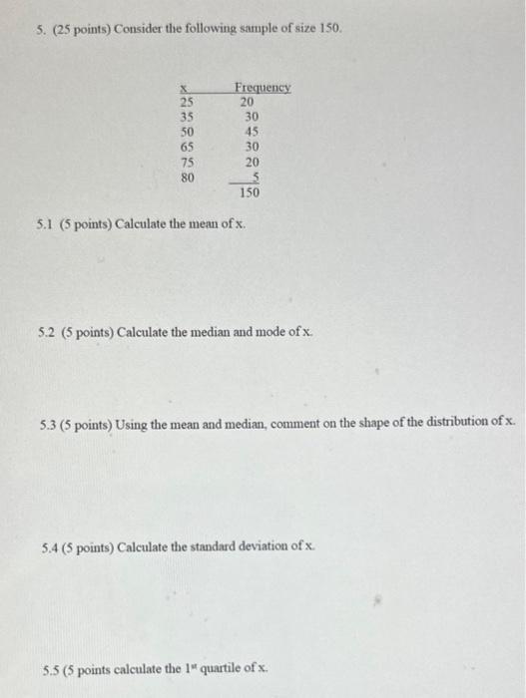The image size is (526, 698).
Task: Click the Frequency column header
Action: [x=263, y=87]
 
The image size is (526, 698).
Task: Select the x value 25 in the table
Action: [x=187, y=101]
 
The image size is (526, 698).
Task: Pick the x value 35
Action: [x=187, y=116]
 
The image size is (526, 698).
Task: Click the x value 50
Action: [x=187, y=131]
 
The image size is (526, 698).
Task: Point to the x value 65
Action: [x=187, y=146]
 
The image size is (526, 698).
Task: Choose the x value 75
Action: [x=187, y=162]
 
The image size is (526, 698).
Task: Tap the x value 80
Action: [x=187, y=176]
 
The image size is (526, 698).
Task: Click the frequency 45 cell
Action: [x=251, y=131]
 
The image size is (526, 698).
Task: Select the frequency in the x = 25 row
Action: [x=246, y=101]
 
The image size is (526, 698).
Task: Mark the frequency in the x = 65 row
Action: [x=251, y=146]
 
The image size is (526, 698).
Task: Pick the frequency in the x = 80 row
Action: [x=255, y=176]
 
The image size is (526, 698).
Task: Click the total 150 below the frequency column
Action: [x=249, y=192]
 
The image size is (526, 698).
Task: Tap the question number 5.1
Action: [x=43, y=222]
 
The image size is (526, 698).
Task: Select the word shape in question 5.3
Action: [x=345, y=424]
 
